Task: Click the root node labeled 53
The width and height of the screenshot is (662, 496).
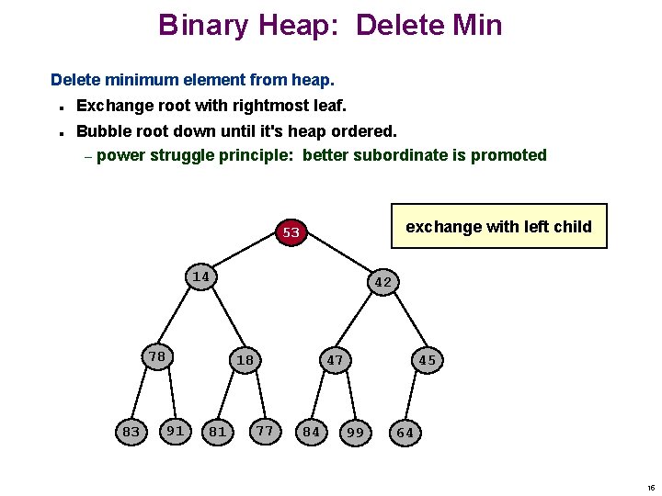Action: pos(291,232)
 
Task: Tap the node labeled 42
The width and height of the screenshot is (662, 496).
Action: pos(383,283)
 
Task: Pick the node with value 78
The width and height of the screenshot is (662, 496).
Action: pos(157,356)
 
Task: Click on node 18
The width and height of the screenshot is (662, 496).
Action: pos(245,360)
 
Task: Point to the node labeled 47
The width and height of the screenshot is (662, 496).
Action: pos(335,360)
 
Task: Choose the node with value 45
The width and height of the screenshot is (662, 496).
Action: pos(427,360)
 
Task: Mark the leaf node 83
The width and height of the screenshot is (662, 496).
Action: pos(131,432)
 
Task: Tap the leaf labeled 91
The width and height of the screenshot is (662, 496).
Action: pos(175,429)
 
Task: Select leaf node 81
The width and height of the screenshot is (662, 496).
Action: pos(218,432)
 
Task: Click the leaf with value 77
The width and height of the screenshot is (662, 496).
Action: pos(265,429)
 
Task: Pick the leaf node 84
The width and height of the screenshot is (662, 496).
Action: pos(312,432)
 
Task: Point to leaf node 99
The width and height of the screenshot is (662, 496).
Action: pos(355,432)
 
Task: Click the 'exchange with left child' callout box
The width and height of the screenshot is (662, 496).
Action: pos(498,226)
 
